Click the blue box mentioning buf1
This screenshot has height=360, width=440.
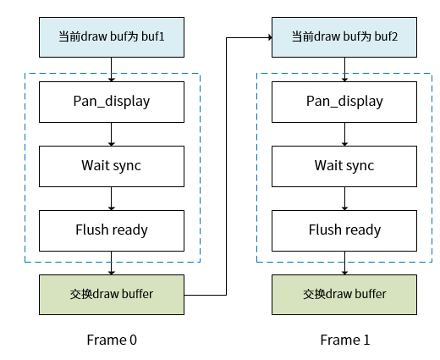112,37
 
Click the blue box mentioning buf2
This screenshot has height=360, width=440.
344,37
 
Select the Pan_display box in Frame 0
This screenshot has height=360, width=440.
112,102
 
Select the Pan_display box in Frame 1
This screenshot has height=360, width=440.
344,102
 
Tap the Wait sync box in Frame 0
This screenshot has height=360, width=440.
112,165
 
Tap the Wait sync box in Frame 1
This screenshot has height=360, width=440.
344,165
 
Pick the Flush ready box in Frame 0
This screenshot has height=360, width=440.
112,230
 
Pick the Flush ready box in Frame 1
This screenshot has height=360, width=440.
344,230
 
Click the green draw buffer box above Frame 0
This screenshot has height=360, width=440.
112,294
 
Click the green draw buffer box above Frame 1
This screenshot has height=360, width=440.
344,294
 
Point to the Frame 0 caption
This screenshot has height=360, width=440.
112,340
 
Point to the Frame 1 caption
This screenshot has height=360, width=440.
344,340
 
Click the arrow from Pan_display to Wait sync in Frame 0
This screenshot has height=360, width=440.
112,134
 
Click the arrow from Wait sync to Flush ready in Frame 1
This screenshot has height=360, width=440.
344,197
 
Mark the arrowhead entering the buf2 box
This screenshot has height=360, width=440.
267,37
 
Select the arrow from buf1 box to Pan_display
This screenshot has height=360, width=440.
112,69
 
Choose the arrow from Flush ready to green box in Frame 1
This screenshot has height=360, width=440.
344,262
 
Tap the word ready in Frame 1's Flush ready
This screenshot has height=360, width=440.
363,230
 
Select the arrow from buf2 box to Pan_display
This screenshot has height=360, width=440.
344,69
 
